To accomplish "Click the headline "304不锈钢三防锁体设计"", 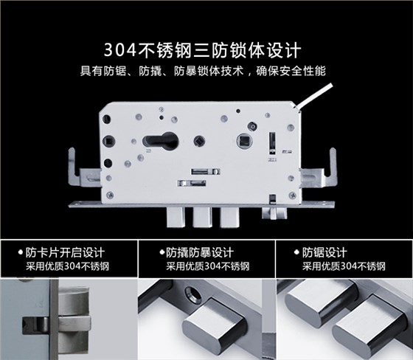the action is (202, 50).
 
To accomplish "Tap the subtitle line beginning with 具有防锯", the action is (203, 71).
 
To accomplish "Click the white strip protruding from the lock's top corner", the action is (314, 95).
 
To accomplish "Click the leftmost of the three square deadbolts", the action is (176, 217).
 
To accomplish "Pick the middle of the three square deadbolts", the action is (202, 217).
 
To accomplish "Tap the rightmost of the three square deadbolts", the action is (229, 217).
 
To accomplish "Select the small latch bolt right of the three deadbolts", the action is (274, 213).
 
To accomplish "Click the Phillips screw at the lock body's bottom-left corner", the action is (110, 195).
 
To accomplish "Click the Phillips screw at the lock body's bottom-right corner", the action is (292, 195).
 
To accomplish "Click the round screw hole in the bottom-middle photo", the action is (193, 294).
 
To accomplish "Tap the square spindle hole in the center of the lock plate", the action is (198, 141).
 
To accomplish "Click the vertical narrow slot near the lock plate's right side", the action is (272, 143).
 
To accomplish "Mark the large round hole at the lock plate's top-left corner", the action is (106, 119).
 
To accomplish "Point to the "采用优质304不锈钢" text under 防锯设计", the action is (344, 266).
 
